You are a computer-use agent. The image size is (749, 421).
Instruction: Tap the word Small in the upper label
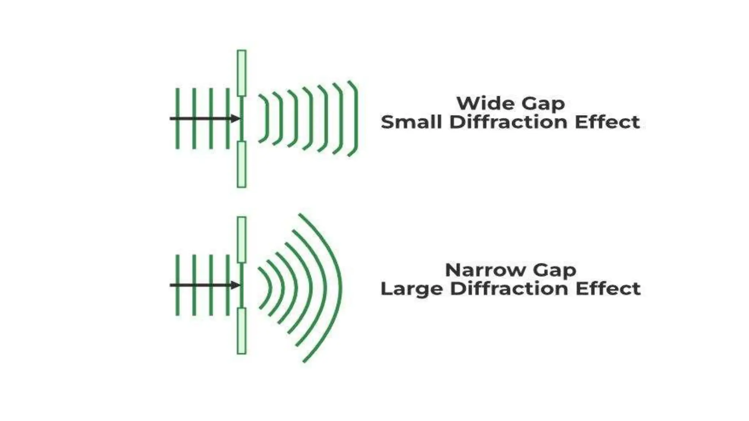[x=411, y=122]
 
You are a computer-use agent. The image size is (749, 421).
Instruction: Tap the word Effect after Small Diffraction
[x=607, y=122]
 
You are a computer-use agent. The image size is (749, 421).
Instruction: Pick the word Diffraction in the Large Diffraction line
[x=509, y=289]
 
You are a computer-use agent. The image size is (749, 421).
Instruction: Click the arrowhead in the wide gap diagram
[x=235, y=118]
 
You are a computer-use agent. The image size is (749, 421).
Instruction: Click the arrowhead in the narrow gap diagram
[x=235, y=285]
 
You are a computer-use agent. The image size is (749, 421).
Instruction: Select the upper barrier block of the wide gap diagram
[x=241, y=73]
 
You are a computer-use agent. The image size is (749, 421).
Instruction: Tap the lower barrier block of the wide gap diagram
[x=241, y=164]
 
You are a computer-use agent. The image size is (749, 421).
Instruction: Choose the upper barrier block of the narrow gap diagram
[x=241, y=240]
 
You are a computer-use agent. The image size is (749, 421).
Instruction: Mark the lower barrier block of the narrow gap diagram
[x=241, y=331]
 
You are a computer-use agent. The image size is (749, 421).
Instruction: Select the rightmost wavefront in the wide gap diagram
[x=356, y=118]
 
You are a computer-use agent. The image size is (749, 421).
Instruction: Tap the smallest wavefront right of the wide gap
[x=267, y=118]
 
